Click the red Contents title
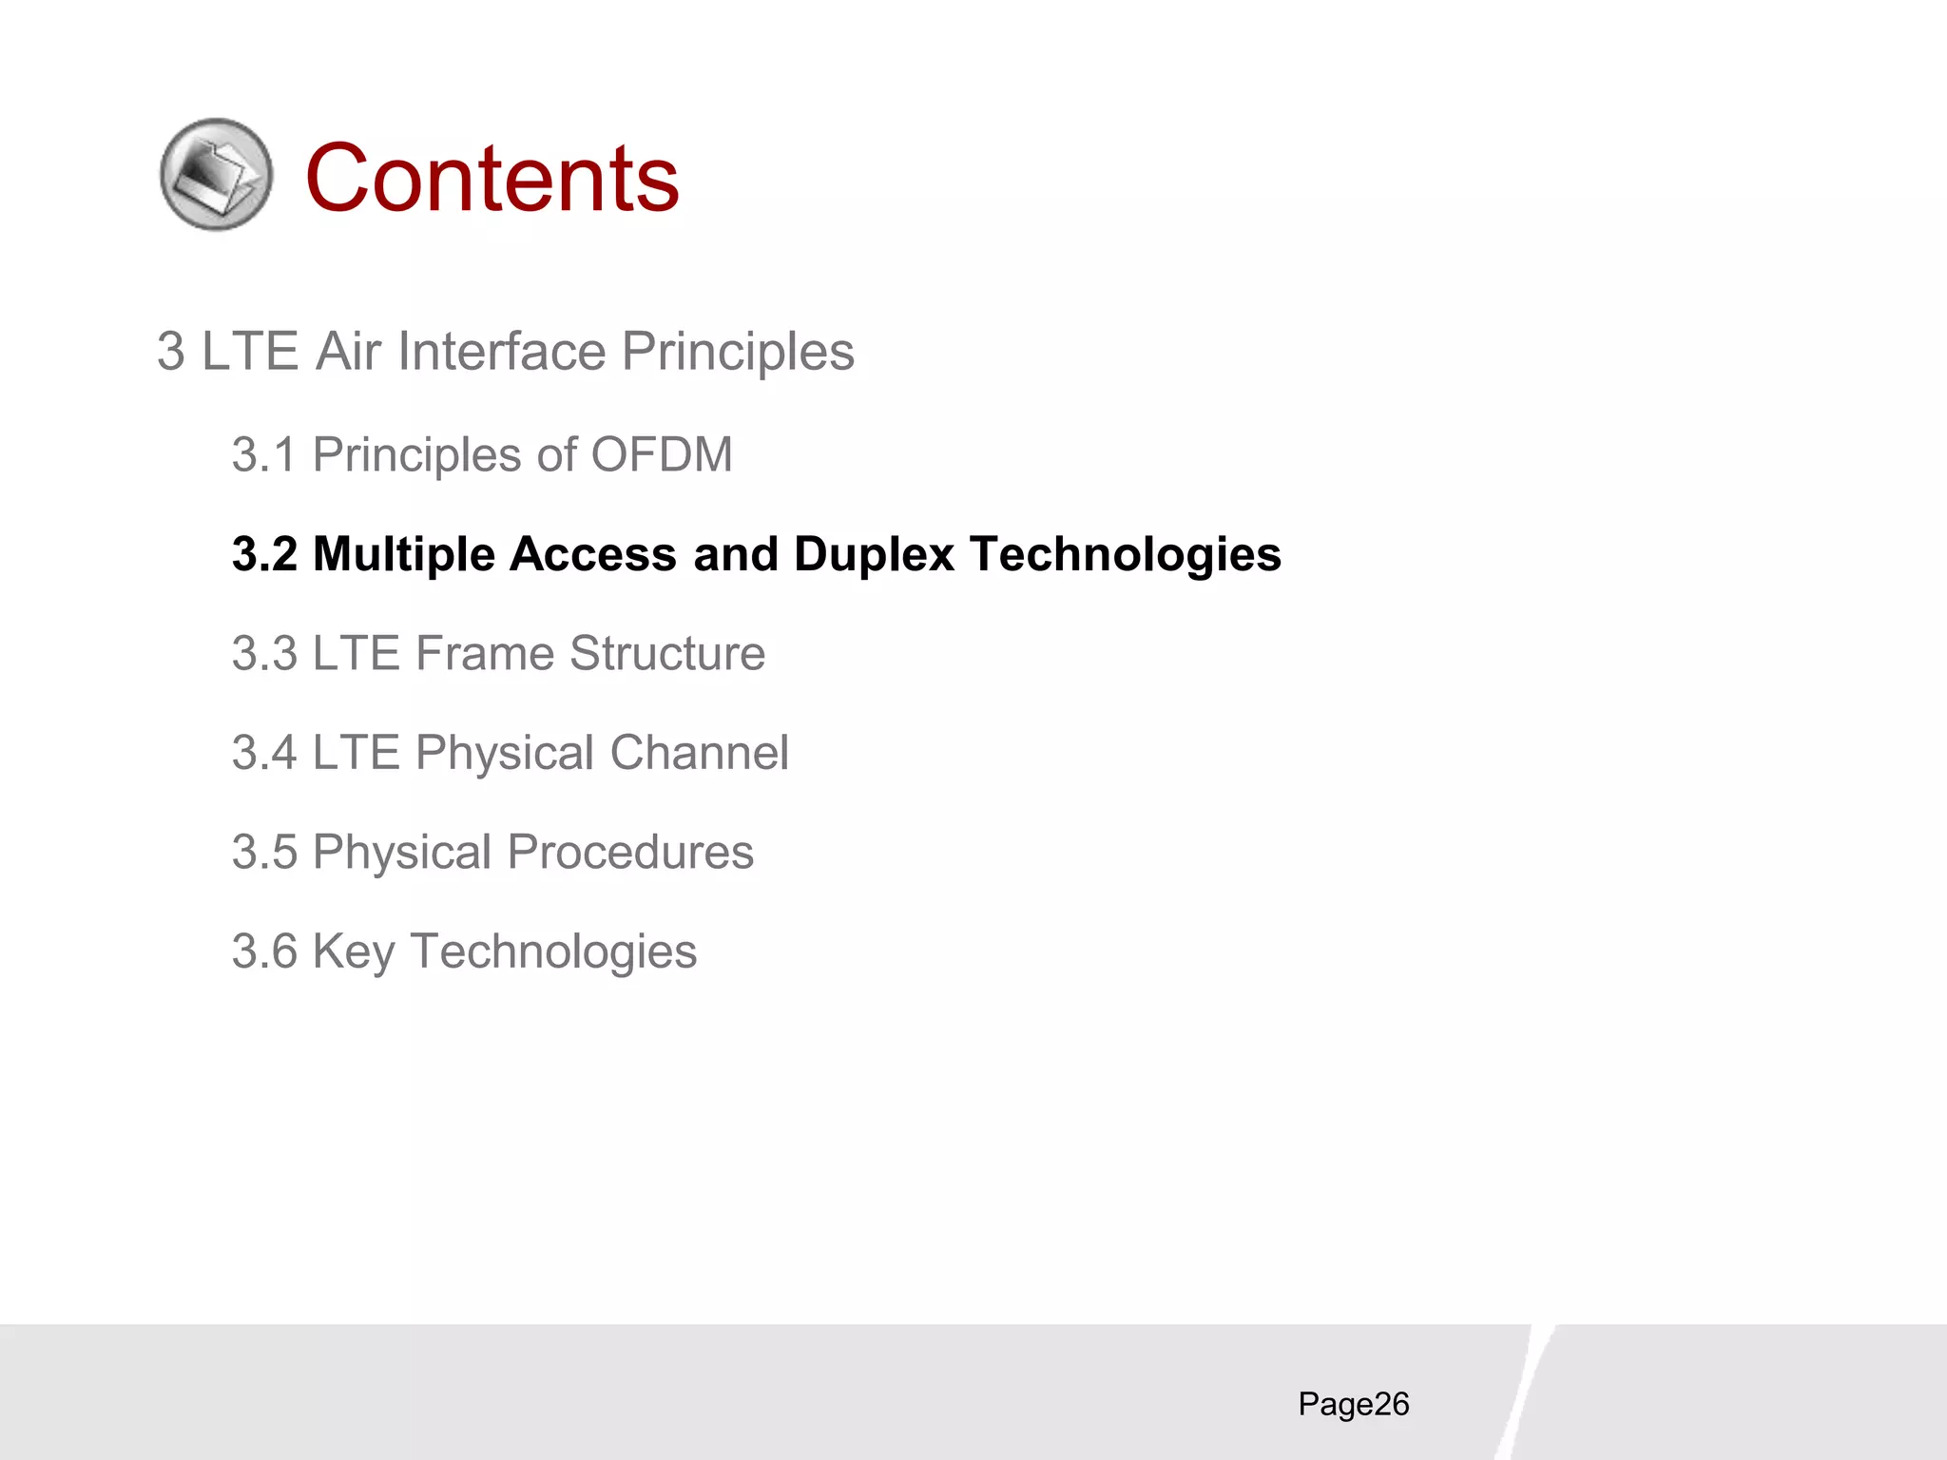click(492, 178)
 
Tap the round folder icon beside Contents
click(217, 174)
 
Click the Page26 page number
click(1353, 1404)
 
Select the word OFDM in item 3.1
click(662, 454)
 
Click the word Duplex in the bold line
click(874, 554)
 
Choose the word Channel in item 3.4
click(699, 753)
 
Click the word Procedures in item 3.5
click(630, 853)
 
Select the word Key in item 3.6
click(353, 952)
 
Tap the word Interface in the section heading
click(501, 352)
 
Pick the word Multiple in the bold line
click(404, 554)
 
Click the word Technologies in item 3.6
click(553, 952)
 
